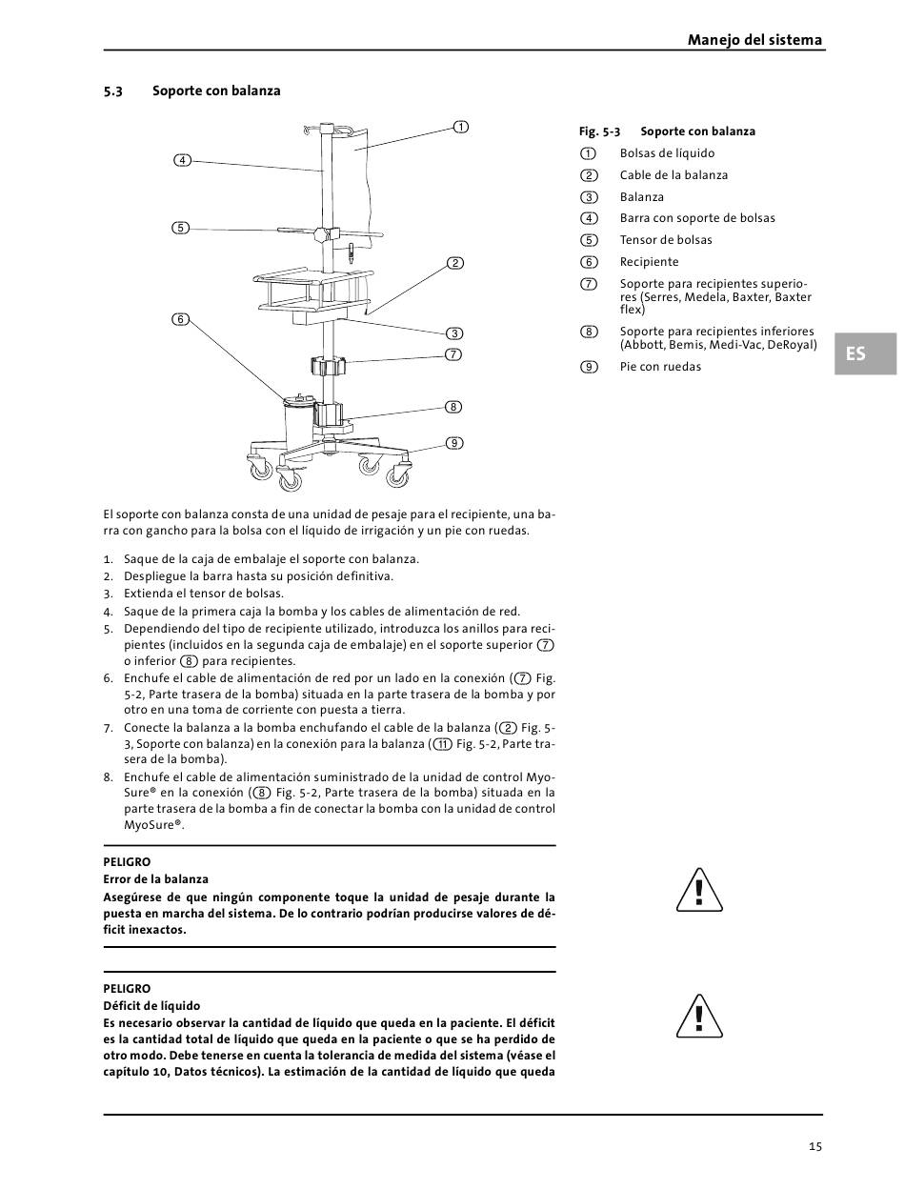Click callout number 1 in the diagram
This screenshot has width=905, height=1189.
(x=460, y=128)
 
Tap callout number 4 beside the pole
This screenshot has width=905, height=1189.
(x=183, y=160)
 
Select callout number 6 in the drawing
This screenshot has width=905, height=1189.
(x=180, y=319)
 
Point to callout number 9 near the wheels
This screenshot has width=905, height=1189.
(x=453, y=443)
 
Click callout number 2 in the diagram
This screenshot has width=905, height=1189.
(x=455, y=263)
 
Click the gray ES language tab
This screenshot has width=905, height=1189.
(x=865, y=353)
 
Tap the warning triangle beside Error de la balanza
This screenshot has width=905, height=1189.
(x=699, y=890)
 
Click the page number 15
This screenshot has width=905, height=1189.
(x=815, y=1146)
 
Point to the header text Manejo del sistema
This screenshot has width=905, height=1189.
(x=754, y=40)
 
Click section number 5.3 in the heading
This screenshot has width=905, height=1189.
(x=112, y=91)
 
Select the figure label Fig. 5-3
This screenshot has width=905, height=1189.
(x=599, y=131)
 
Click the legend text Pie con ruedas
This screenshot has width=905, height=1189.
(x=660, y=367)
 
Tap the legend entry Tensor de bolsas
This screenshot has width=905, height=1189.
(x=666, y=240)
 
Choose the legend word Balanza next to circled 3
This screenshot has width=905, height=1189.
(x=642, y=197)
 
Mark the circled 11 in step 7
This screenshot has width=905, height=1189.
(x=442, y=744)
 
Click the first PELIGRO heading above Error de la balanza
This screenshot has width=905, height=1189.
(x=127, y=862)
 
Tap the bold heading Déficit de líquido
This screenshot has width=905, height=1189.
(x=151, y=1006)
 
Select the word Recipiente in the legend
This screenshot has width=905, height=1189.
(x=649, y=262)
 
